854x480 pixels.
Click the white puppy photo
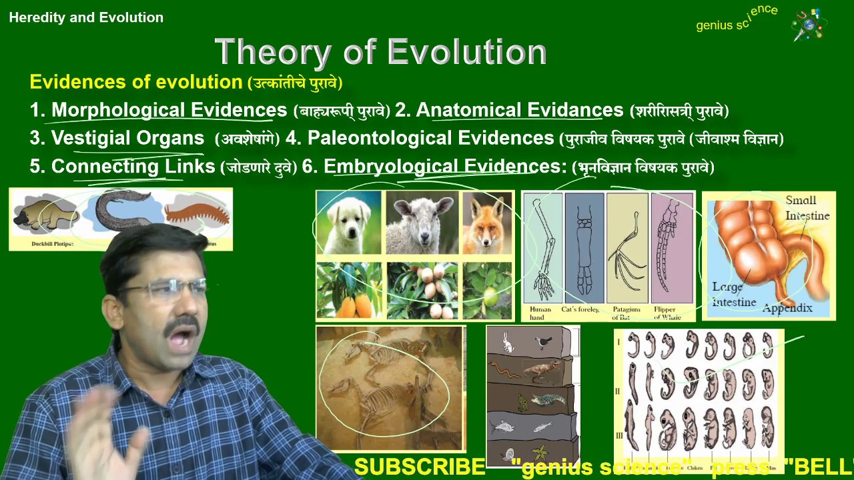349,223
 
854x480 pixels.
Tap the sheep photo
422,223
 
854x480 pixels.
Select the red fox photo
486,223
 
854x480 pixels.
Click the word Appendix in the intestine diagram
787,308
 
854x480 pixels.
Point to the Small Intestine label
807,208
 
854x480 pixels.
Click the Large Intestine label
734,294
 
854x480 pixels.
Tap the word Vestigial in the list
91,139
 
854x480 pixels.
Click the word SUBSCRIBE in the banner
419,467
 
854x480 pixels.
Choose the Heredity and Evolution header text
86,18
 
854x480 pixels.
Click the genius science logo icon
809,25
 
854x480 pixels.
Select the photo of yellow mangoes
349,291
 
